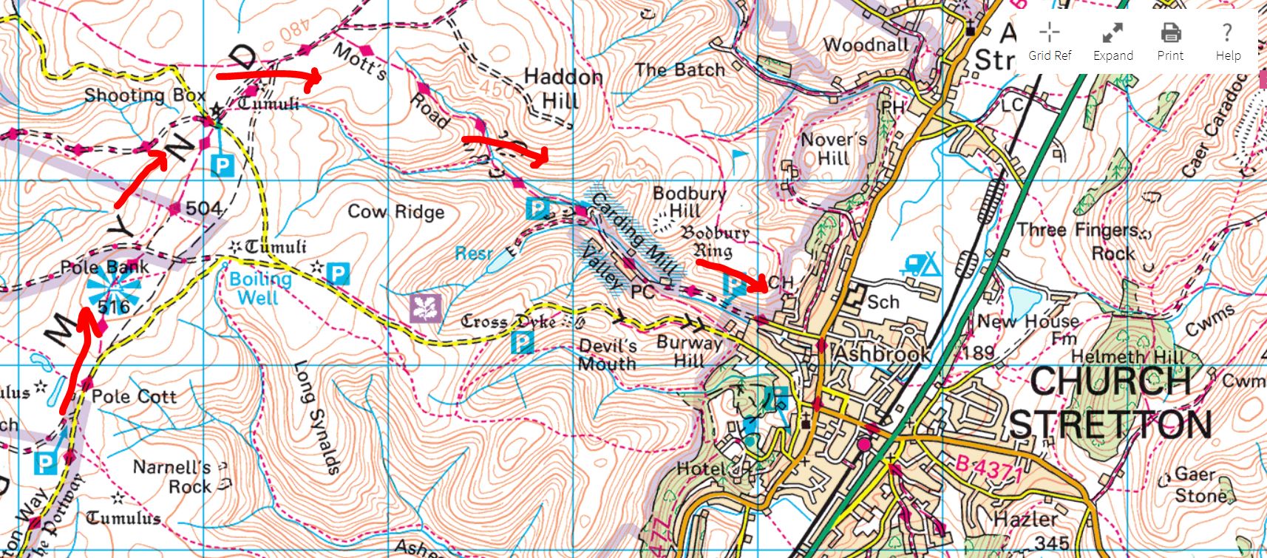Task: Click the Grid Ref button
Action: pyautogui.click(x=1049, y=41)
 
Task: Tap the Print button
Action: pyautogui.click(x=1170, y=41)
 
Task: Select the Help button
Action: pyautogui.click(x=1227, y=41)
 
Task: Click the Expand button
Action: pyautogui.click(x=1113, y=41)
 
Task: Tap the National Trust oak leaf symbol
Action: pyautogui.click(x=426, y=308)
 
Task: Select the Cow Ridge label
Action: pyautogui.click(x=396, y=212)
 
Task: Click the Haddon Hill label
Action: pyautogui.click(x=563, y=88)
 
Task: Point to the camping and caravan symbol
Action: pyautogui.click(x=920, y=265)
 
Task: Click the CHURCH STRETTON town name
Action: pyautogui.click(x=1109, y=404)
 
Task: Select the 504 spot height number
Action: pyautogui.click(x=203, y=208)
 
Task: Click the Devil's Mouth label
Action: pyautogui.click(x=607, y=355)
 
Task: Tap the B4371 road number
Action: pyautogui.click(x=988, y=469)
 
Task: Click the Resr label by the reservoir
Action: pyautogui.click(x=472, y=254)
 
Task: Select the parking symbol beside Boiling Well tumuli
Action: pyautogui.click(x=338, y=274)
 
